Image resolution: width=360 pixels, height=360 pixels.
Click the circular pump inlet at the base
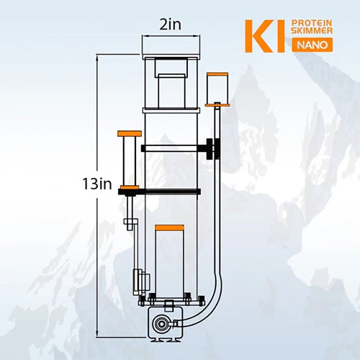click(165, 323)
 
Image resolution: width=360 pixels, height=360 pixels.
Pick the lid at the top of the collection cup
click(171, 55)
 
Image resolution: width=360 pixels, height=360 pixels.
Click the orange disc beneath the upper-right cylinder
click(215, 104)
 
